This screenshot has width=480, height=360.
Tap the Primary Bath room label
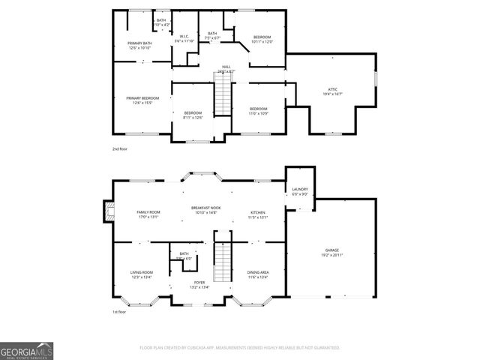pyautogui.click(x=139, y=46)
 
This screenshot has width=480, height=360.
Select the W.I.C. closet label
pyautogui.click(x=184, y=38)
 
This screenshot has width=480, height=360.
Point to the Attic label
pyautogui.click(x=333, y=91)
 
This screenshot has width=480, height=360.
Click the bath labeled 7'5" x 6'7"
pyautogui.click(x=212, y=35)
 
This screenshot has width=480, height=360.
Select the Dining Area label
pyautogui.click(x=257, y=274)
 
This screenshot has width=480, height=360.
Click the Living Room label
pyautogui.click(x=142, y=274)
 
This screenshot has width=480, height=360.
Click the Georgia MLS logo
pyautogui.click(x=26, y=351)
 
